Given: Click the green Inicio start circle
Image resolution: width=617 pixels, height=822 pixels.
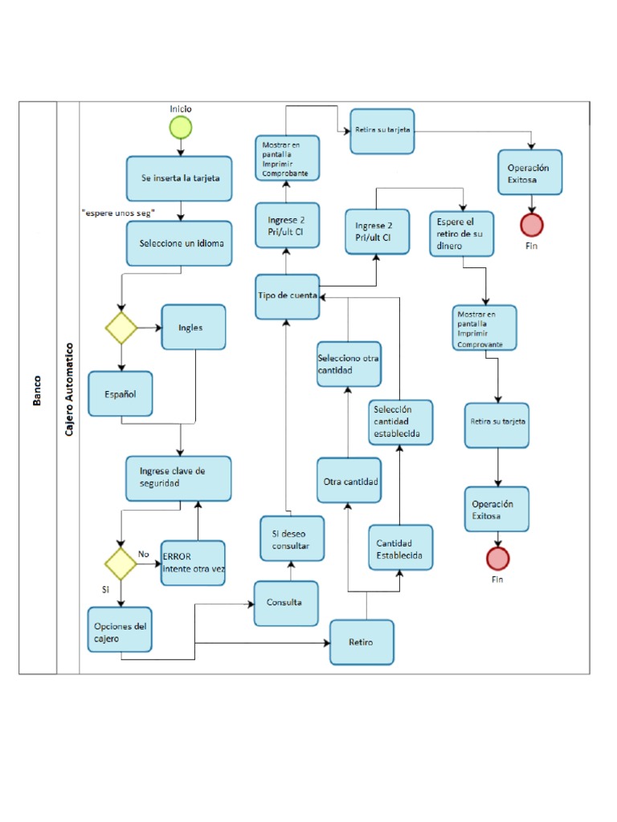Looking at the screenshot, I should click(181, 127).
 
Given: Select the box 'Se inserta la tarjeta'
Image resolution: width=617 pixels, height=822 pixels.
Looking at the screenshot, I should click(180, 178).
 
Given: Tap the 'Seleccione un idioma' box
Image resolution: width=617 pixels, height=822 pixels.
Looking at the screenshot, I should click(180, 244).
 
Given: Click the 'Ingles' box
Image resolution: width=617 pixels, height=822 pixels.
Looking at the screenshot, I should click(193, 328).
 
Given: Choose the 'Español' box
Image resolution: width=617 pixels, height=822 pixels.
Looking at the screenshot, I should click(120, 393).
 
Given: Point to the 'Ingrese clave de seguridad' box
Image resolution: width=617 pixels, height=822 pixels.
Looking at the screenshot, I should click(179, 478).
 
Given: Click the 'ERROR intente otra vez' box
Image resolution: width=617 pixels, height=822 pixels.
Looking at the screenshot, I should click(193, 563).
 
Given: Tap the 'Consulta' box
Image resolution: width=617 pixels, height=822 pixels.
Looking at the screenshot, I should click(286, 603).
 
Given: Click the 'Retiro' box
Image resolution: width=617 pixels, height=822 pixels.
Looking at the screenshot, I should click(362, 642).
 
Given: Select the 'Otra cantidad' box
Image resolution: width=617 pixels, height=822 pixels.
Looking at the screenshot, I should click(349, 480).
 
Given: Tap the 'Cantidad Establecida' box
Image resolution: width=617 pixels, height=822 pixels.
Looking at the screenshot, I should click(399, 548).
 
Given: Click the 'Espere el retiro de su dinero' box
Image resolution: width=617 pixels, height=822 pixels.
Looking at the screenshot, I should click(461, 234).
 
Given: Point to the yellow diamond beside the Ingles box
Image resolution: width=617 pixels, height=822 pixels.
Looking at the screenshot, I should click(121, 328).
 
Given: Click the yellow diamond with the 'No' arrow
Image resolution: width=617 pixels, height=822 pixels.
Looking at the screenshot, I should click(121, 564).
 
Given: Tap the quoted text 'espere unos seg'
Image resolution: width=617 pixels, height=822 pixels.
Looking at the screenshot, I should click(118, 212).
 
